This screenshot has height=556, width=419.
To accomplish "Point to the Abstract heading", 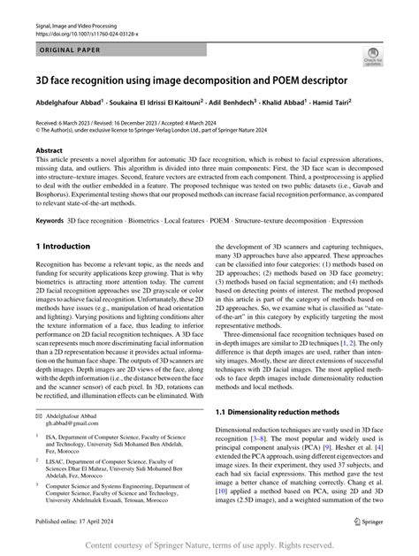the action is [50, 151].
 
